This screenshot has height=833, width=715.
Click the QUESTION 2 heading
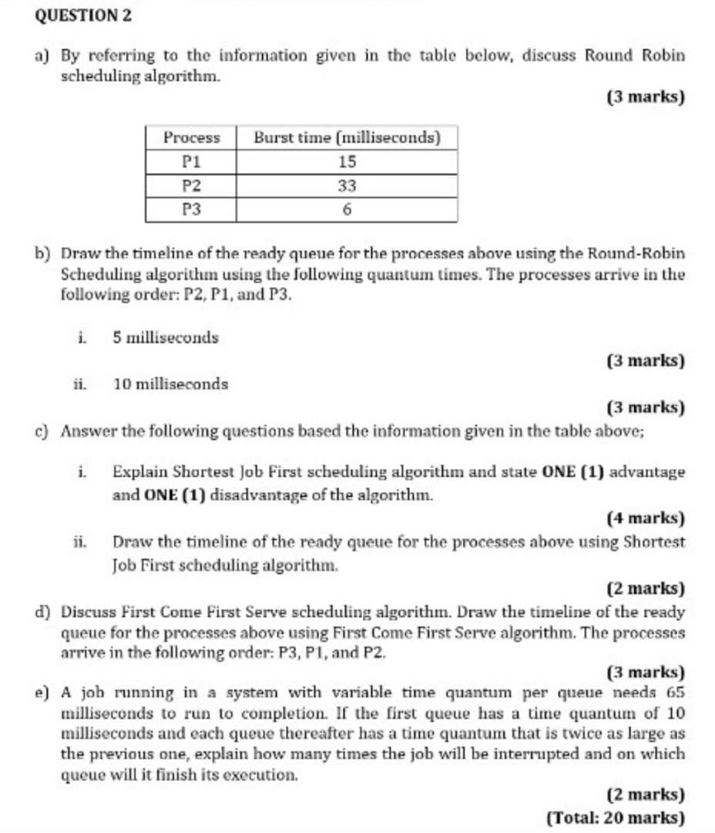point(72,15)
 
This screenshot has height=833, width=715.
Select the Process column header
point(191,137)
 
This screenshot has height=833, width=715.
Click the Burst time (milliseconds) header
point(347,137)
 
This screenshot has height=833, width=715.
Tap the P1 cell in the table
point(191,162)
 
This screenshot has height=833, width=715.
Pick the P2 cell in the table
point(191,186)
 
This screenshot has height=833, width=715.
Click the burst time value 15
point(347,162)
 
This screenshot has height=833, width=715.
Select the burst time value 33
point(347,186)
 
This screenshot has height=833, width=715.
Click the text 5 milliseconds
point(166,337)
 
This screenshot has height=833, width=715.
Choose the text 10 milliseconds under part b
point(170,383)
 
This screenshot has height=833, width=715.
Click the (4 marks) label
point(646,518)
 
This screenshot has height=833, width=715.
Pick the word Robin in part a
point(661,56)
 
